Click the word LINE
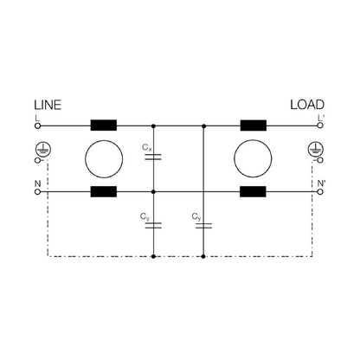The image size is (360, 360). pyautogui.click(x=48, y=105)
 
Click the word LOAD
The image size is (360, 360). pyautogui.click(x=307, y=105)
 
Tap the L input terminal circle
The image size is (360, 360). pyautogui.click(x=37, y=125)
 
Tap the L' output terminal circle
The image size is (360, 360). pyautogui.click(x=320, y=125)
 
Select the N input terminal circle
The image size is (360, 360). pyautogui.click(x=37, y=192)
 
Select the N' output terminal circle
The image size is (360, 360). pyautogui.click(x=320, y=192)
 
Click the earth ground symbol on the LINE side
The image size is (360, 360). pyautogui.click(x=43, y=149)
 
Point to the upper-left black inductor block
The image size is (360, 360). pyautogui.click(x=104, y=125)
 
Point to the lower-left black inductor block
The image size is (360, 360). pyautogui.click(x=104, y=191)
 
